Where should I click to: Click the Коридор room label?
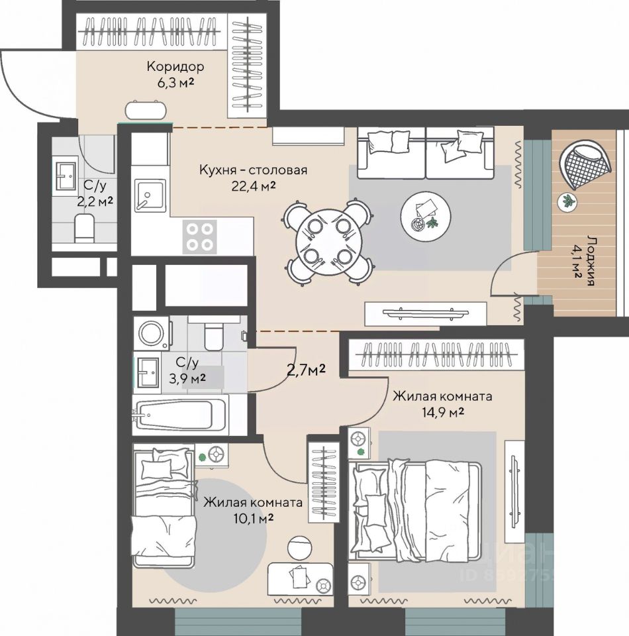point(175,66)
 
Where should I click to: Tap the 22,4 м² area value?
point(254,185)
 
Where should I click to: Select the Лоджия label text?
point(590,261)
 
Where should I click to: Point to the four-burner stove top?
point(199,237)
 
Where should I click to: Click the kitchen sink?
point(150,196)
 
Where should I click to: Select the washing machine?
point(152,333)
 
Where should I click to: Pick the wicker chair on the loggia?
point(585,164)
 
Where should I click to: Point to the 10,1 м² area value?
point(254,518)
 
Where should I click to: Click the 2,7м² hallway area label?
point(307,370)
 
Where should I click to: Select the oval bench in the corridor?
point(146,109)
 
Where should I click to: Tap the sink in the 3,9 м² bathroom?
point(147,372)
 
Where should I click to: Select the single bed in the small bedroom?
point(164,505)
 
